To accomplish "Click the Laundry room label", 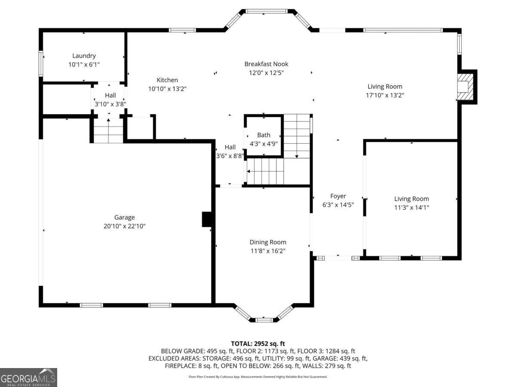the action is [x=84, y=56].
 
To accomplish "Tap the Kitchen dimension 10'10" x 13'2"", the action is [x=167, y=89].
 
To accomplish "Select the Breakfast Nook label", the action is [x=266, y=64].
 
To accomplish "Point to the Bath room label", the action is [x=264, y=135].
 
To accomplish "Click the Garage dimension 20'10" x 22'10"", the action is [x=124, y=226].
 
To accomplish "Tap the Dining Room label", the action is [x=268, y=242].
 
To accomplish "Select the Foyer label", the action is [x=338, y=196].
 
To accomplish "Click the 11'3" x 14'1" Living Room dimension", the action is [x=412, y=207].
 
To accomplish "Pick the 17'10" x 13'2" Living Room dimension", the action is [x=385, y=95].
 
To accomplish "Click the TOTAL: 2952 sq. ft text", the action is [x=258, y=344].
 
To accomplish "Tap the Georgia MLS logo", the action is [x=28, y=378].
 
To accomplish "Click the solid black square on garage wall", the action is [x=207, y=219].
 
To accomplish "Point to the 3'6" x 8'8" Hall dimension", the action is [x=230, y=156].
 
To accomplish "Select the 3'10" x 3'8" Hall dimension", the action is [x=110, y=104].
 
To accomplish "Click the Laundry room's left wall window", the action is [x=41, y=64].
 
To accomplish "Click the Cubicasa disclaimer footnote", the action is [x=258, y=377].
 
